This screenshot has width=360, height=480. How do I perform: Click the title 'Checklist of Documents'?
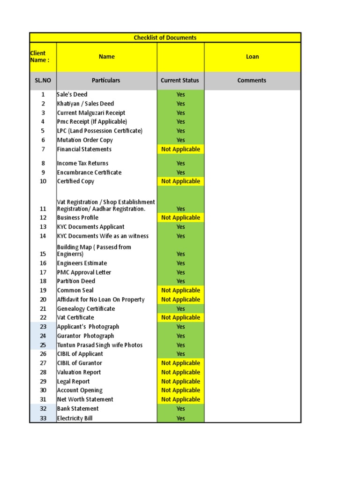tap(165, 37)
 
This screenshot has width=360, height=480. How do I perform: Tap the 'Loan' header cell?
tap(252, 57)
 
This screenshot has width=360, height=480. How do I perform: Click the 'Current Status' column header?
tap(180, 81)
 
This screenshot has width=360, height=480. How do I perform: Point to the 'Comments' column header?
tap(252, 81)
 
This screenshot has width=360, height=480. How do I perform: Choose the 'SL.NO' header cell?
tap(43, 81)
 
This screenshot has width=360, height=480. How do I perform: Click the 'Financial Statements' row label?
tap(84, 149)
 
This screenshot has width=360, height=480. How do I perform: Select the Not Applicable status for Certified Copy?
tap(180, 181)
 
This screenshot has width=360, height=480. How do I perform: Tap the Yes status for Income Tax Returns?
tap(180, 163)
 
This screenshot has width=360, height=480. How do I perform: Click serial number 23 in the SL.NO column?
tap(43, 327)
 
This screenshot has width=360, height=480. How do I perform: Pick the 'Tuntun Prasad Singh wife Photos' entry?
tap(100, 345)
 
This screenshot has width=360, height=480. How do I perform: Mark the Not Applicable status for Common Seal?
tap(180, 290)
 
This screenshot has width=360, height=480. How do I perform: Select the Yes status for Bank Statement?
tap(180, 409)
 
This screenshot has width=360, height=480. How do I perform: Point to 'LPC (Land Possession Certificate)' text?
tap(100, 131)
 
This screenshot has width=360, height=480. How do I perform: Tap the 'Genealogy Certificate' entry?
tap(86, 308)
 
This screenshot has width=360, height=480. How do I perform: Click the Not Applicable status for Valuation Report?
tap(180, 372)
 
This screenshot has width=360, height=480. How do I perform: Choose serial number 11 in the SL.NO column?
tap(43, 209)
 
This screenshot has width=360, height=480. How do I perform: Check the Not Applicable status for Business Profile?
tap(180, 217)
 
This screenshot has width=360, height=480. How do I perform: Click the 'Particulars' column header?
tap(106, 81)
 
